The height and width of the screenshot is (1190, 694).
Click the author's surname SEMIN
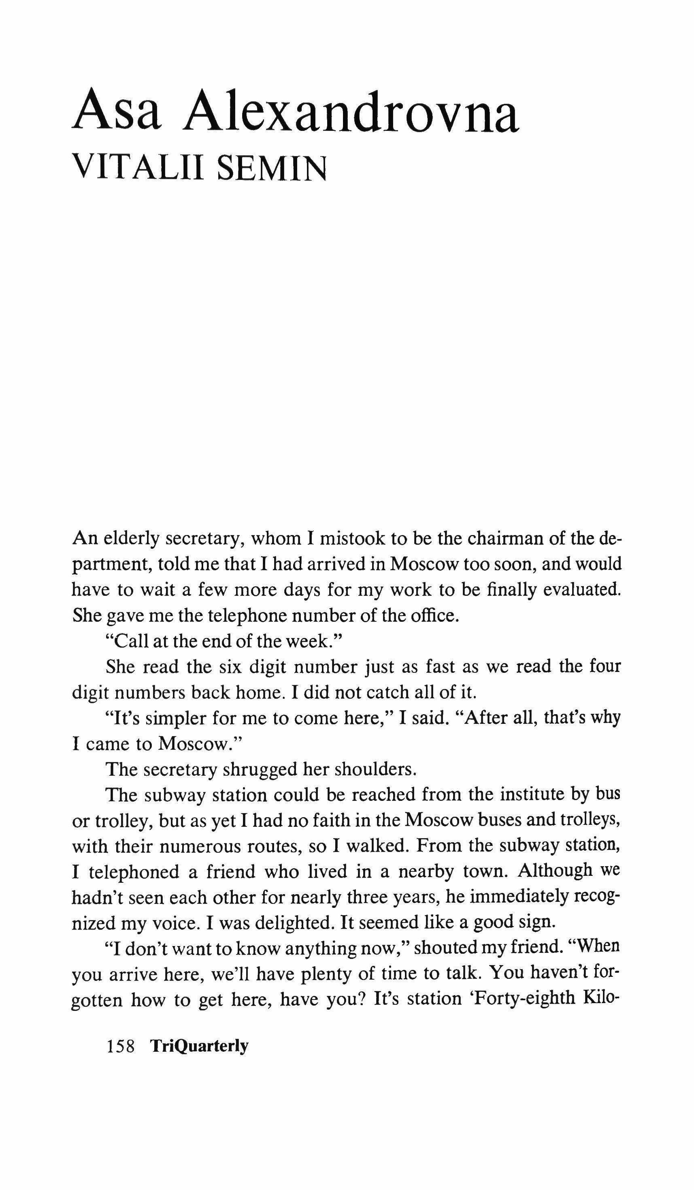pyautogui.click(x=272, y=168)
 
